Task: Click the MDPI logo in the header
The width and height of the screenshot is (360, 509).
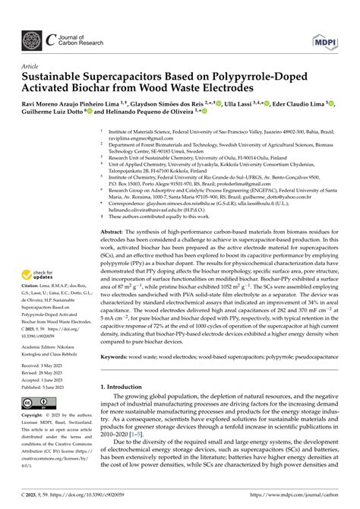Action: [322, 40]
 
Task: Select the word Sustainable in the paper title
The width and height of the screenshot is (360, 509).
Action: [58, 77]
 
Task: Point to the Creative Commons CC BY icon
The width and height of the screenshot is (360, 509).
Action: [38, 402]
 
